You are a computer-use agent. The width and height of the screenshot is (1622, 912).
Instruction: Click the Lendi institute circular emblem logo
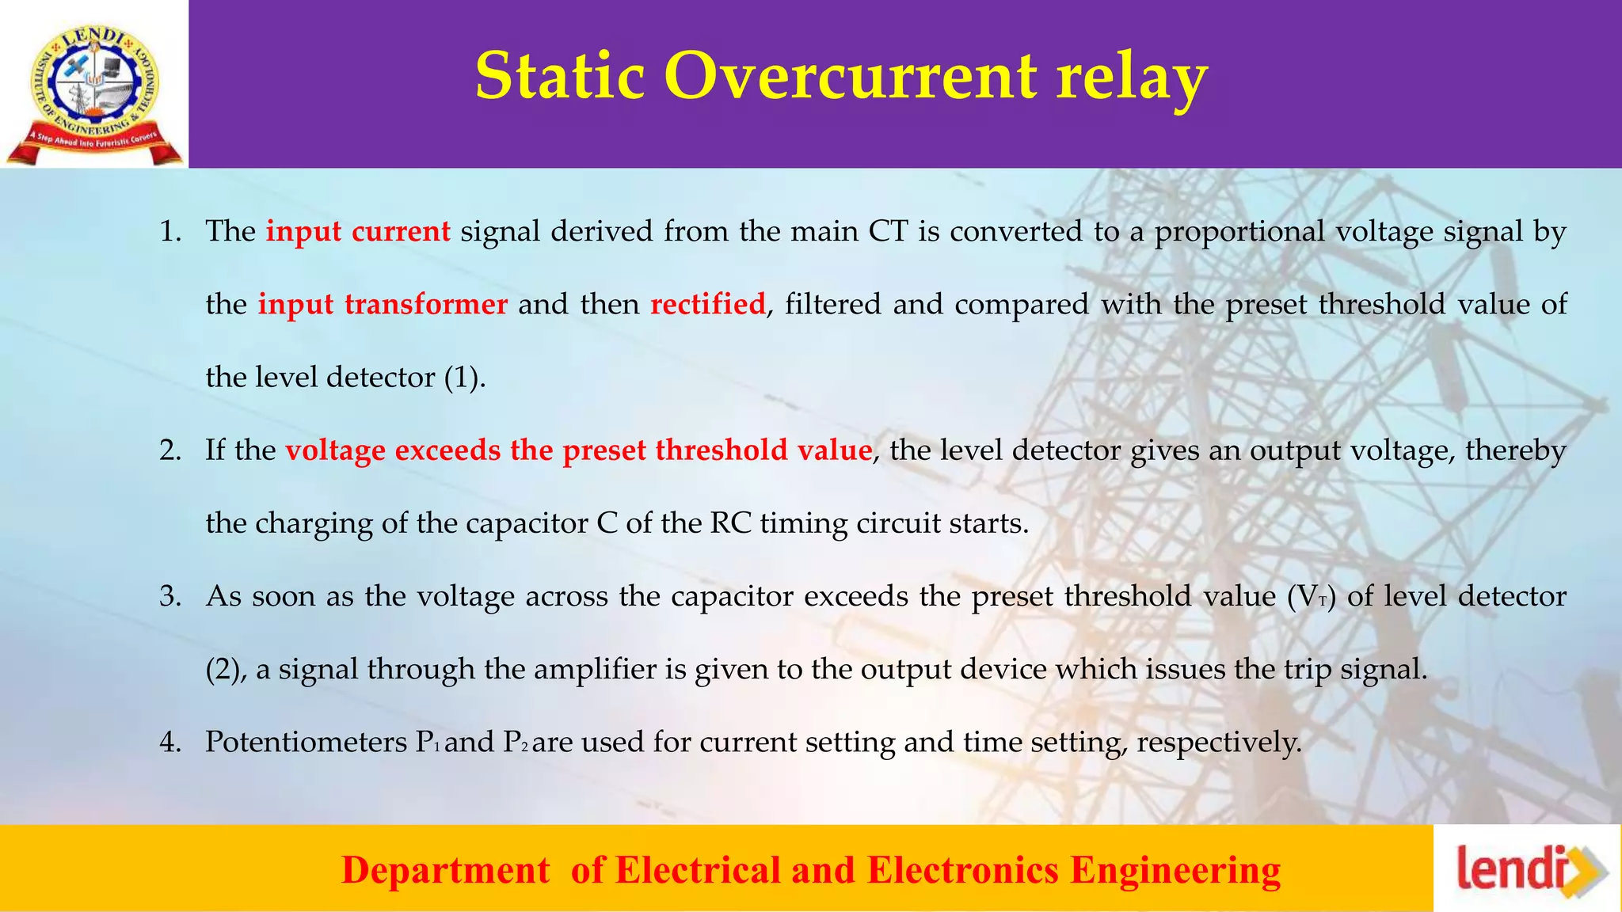pyautogui.click(x=93, y=85)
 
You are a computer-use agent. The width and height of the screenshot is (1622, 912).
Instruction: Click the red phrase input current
pyautogui.click(x=357, y=231)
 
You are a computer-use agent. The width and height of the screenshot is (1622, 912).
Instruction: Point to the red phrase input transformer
pyautogui.click(x=383, y=304)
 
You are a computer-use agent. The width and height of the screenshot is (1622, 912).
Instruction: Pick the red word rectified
pyautogui.click(x=708, y=304)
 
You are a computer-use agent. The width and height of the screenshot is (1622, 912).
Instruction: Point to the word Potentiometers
pyautogui.click(x=307, y=743)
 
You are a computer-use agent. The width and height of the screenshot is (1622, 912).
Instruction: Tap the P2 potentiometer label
pyautogui.click(x=515, y=743)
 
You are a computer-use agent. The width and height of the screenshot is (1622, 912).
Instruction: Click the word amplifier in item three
pyautogui.click(x=596, y=670)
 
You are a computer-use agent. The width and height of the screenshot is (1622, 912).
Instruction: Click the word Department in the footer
pyautogui.click(x=445, y=870)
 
